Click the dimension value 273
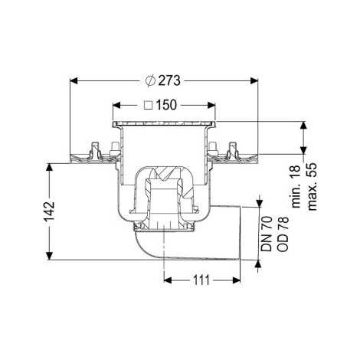[169, 80]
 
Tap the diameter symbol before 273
[150, 80]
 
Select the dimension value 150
[166, 105]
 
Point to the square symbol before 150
[149, 105]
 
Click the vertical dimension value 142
[50, 211]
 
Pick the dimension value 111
[201, 280]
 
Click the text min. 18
[296, 186]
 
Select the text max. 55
[313, 186]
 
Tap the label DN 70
[267, 234]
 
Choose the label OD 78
[283, 234]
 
